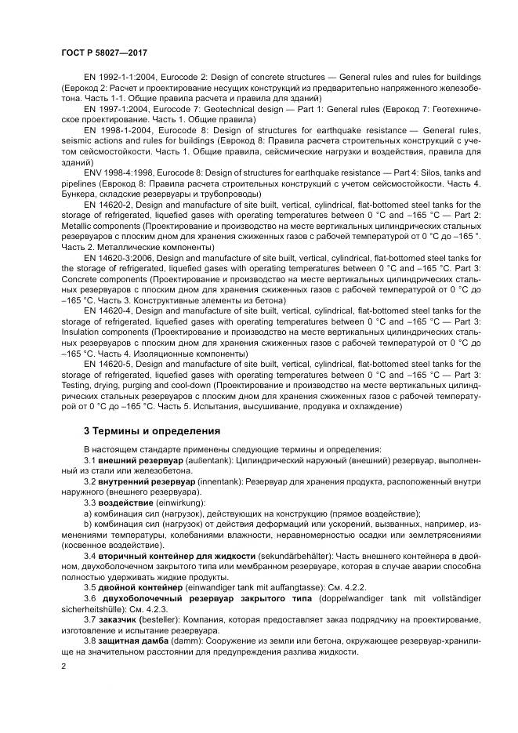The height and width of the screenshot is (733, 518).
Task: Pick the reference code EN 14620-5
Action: pyautogui.click(x=113, y=365)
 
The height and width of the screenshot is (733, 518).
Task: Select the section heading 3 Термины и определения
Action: pyautogui.click(x=152, y=430)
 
